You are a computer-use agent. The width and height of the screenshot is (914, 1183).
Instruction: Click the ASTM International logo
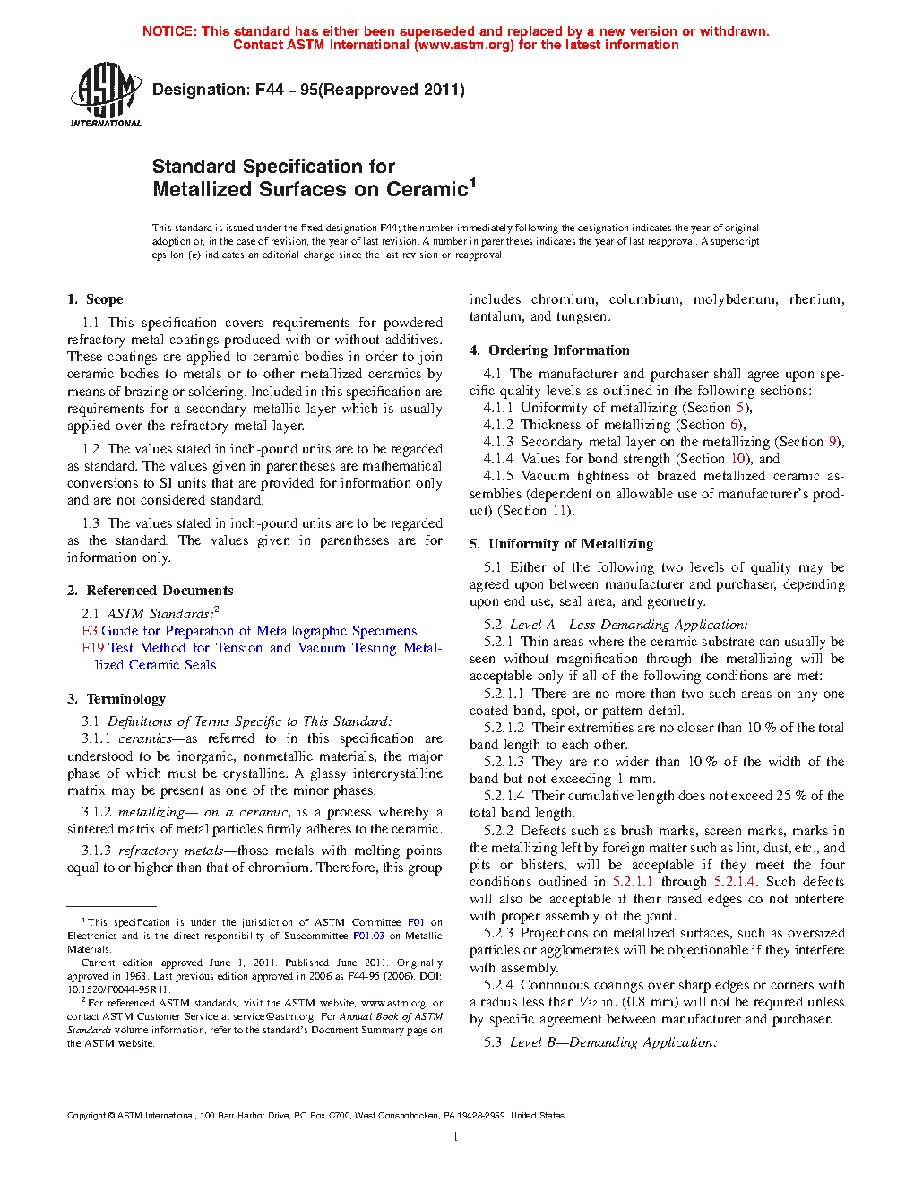coord(106,93)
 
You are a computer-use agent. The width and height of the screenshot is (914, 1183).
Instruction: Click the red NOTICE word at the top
coord(169,31)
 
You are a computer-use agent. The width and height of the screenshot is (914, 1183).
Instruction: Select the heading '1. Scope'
coord(95,299)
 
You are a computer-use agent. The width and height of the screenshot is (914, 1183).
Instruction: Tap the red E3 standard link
coord(90,631)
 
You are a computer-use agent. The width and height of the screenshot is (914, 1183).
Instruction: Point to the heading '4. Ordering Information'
coord(549,350)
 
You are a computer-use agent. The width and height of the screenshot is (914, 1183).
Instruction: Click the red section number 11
coord(560,511)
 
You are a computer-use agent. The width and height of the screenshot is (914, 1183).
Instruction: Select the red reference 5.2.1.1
coord(633,882)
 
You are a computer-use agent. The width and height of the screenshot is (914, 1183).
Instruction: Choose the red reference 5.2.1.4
coord(735,882)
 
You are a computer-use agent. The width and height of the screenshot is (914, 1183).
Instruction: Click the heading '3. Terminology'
coord(116,699)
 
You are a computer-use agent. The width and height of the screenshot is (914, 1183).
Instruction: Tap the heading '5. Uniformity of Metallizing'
coord(561,544)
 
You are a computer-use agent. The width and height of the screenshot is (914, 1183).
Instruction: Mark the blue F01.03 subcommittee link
coord(368,936)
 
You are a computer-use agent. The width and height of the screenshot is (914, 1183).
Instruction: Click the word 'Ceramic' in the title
coord(427,190)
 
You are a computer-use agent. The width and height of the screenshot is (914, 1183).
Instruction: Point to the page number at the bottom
coord(456,1137)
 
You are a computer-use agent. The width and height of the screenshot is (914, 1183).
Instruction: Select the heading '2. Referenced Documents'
coord(151,591)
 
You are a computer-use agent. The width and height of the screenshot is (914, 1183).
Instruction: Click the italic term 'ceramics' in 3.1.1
coord(145,739)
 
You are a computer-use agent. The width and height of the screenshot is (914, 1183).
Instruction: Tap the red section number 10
coord(738,459)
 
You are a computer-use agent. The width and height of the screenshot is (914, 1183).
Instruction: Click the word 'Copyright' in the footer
coord(86,1116)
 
